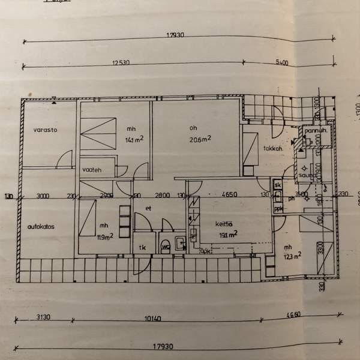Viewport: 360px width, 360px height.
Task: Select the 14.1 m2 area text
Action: point(134,142)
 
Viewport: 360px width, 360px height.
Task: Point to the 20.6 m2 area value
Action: point(200,139)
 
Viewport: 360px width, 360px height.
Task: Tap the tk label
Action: point(143,247)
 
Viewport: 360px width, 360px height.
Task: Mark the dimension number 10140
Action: point(154,319)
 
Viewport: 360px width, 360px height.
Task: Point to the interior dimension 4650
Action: point(230,195)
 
